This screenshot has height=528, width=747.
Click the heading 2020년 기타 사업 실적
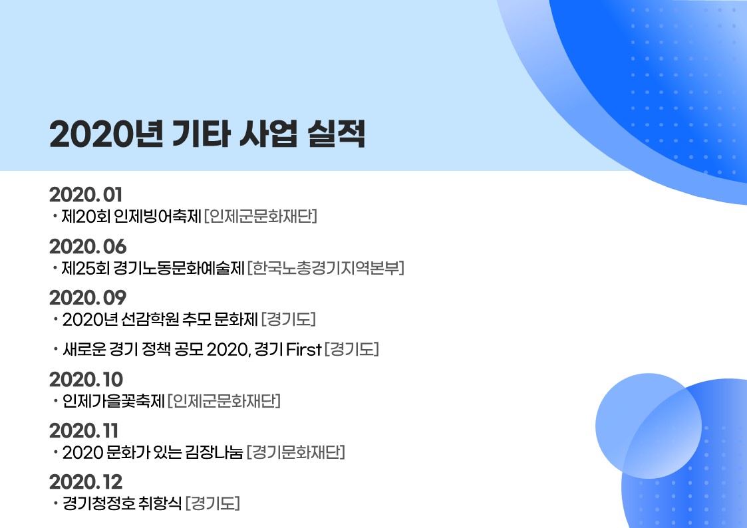208,134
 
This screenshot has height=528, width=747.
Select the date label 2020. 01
86,195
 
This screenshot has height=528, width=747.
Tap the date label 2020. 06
88,247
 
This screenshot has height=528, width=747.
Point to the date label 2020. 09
88,298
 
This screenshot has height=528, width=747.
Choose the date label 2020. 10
86,380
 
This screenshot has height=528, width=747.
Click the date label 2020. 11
84,431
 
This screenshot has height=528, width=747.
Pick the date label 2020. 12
86,482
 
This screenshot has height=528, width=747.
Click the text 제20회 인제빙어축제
132,217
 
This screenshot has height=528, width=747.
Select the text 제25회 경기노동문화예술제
153,268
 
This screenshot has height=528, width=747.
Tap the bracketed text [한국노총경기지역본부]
326,268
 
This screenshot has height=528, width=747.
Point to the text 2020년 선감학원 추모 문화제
160,319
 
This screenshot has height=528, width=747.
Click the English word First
304,350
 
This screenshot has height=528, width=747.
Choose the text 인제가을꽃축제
113,401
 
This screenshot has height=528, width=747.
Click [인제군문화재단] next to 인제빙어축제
261,217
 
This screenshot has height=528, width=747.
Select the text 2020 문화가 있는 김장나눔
153,452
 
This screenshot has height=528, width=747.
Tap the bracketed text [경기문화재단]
296,452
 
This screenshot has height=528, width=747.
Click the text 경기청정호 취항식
122,503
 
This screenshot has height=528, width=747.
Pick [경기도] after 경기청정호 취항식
212,503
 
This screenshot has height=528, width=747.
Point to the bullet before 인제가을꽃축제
55,401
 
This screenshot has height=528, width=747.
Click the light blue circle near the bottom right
648,426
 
